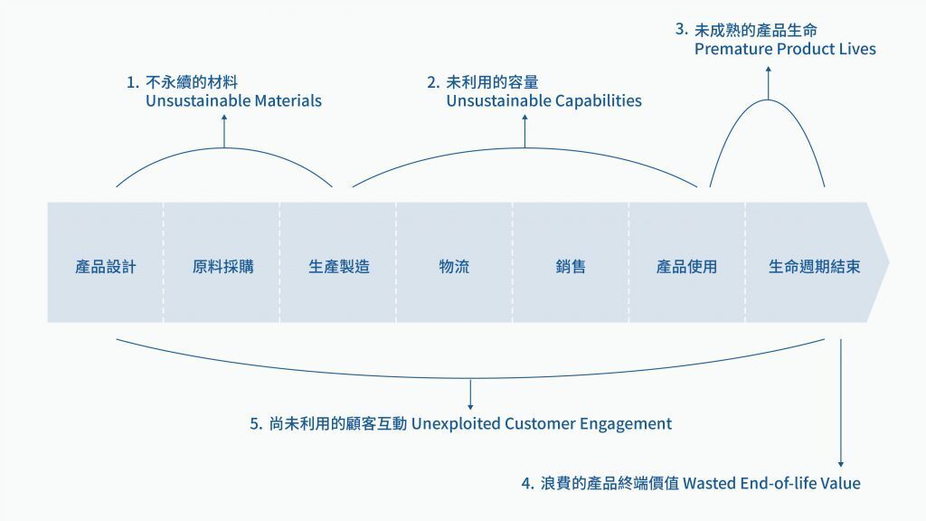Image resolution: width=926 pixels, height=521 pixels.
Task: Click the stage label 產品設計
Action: [106, 267]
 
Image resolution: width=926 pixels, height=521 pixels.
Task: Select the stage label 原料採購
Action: [222, 267]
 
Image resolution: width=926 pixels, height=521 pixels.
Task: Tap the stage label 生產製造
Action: [339, 267]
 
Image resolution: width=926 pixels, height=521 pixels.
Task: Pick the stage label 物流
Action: [454, 267]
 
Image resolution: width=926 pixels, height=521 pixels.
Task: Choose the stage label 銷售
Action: [571, 267]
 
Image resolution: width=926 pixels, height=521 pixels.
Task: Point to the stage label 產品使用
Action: [686, 267]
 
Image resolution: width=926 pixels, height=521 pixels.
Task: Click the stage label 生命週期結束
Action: [814, 267]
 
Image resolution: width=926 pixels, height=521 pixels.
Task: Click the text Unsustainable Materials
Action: [233, 101]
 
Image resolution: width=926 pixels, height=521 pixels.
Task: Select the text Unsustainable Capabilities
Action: [543, 101]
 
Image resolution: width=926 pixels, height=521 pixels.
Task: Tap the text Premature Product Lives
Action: [785, 49]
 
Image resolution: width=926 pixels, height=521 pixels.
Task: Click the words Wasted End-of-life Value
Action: [771, 483]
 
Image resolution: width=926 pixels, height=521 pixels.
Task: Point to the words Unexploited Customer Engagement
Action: [542, 423]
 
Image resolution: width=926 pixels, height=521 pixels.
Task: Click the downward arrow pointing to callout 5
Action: [470, 394]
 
